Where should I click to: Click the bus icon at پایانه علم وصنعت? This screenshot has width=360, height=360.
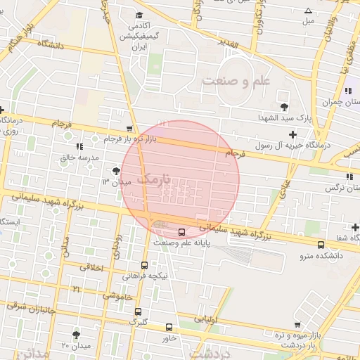(181, 232)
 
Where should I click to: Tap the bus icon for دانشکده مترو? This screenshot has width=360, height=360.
(321, 245)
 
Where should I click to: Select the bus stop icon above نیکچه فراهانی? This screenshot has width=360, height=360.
(144, 265)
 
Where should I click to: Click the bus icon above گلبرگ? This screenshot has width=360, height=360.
(138, 311)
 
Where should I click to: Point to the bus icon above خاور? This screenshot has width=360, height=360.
(169, 327)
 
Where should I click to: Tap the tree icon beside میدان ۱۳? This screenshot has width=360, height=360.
(116, 170)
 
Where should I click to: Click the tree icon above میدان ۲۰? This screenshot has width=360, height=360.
(76, 335)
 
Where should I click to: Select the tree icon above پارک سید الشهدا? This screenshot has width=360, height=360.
(284, 107)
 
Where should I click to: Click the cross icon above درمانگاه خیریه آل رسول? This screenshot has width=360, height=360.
(292, 134)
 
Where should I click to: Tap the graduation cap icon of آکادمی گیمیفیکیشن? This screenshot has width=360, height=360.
(139, 15)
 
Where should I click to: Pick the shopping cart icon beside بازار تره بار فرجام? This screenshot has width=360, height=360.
(129, 129)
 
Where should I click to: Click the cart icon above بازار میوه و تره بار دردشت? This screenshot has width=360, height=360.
(298, 325)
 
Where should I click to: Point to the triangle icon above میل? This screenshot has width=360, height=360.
(308, 11)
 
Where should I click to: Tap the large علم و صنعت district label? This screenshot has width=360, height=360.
(236, 82)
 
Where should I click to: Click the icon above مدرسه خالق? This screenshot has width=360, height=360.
(79, 146)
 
